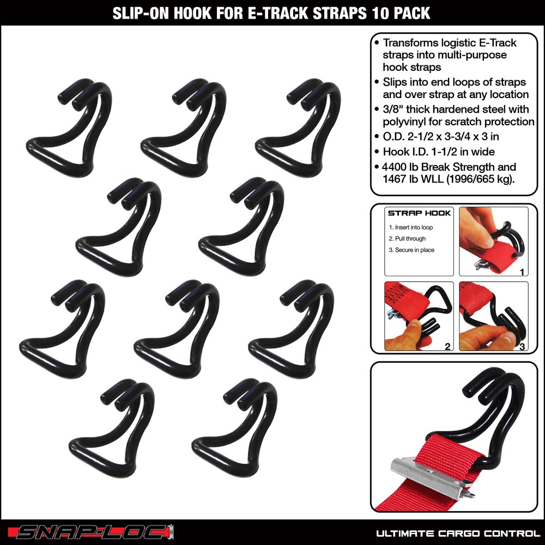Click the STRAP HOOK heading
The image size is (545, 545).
[x=419, y=213]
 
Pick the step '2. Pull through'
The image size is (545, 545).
[x=408, y=239]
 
